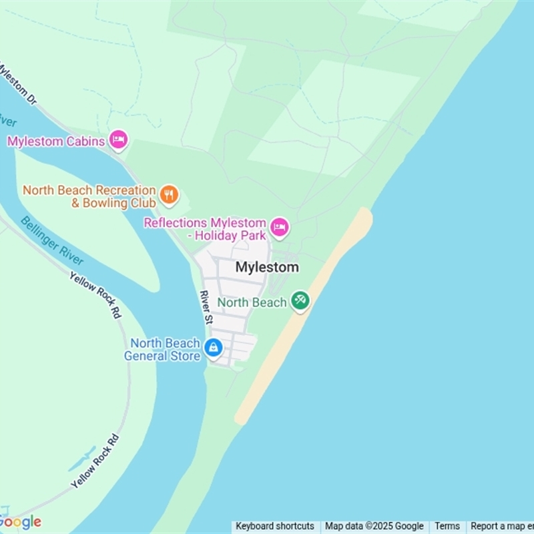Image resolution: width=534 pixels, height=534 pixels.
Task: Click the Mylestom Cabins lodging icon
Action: coord(118,140)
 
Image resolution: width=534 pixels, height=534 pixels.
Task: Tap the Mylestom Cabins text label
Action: coord(56,142)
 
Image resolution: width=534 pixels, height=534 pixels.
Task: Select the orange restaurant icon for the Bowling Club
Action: coord(169,195)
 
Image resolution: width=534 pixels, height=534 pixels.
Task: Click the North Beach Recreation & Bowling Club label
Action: coord(89,197)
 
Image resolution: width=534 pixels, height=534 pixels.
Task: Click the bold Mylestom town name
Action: coord(267,267)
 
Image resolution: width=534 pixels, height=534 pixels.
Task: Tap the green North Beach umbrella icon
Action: coord(300,300)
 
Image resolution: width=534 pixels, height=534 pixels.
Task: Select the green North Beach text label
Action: coord(252,302)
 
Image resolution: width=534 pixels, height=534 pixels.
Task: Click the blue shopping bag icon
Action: coord(214,347)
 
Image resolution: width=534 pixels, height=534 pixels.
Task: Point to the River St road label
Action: coord(207,308)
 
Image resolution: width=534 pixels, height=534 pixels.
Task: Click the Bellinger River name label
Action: coord(51,240)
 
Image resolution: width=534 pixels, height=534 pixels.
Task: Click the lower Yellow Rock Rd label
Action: coord(95,461)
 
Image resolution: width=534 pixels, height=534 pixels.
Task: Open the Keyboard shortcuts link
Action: coord(275,526)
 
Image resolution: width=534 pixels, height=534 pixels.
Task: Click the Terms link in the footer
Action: coord(447,526)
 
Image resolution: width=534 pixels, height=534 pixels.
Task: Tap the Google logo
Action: coord(21,521)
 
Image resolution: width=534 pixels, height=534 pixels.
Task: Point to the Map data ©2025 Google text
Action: coord(374,526)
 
